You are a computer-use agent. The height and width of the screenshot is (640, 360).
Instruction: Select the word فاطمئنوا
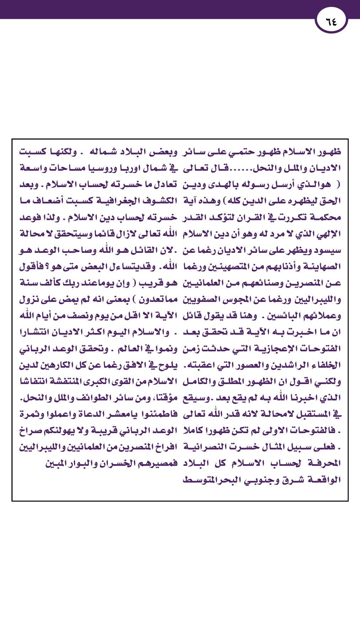coord(158,414)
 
